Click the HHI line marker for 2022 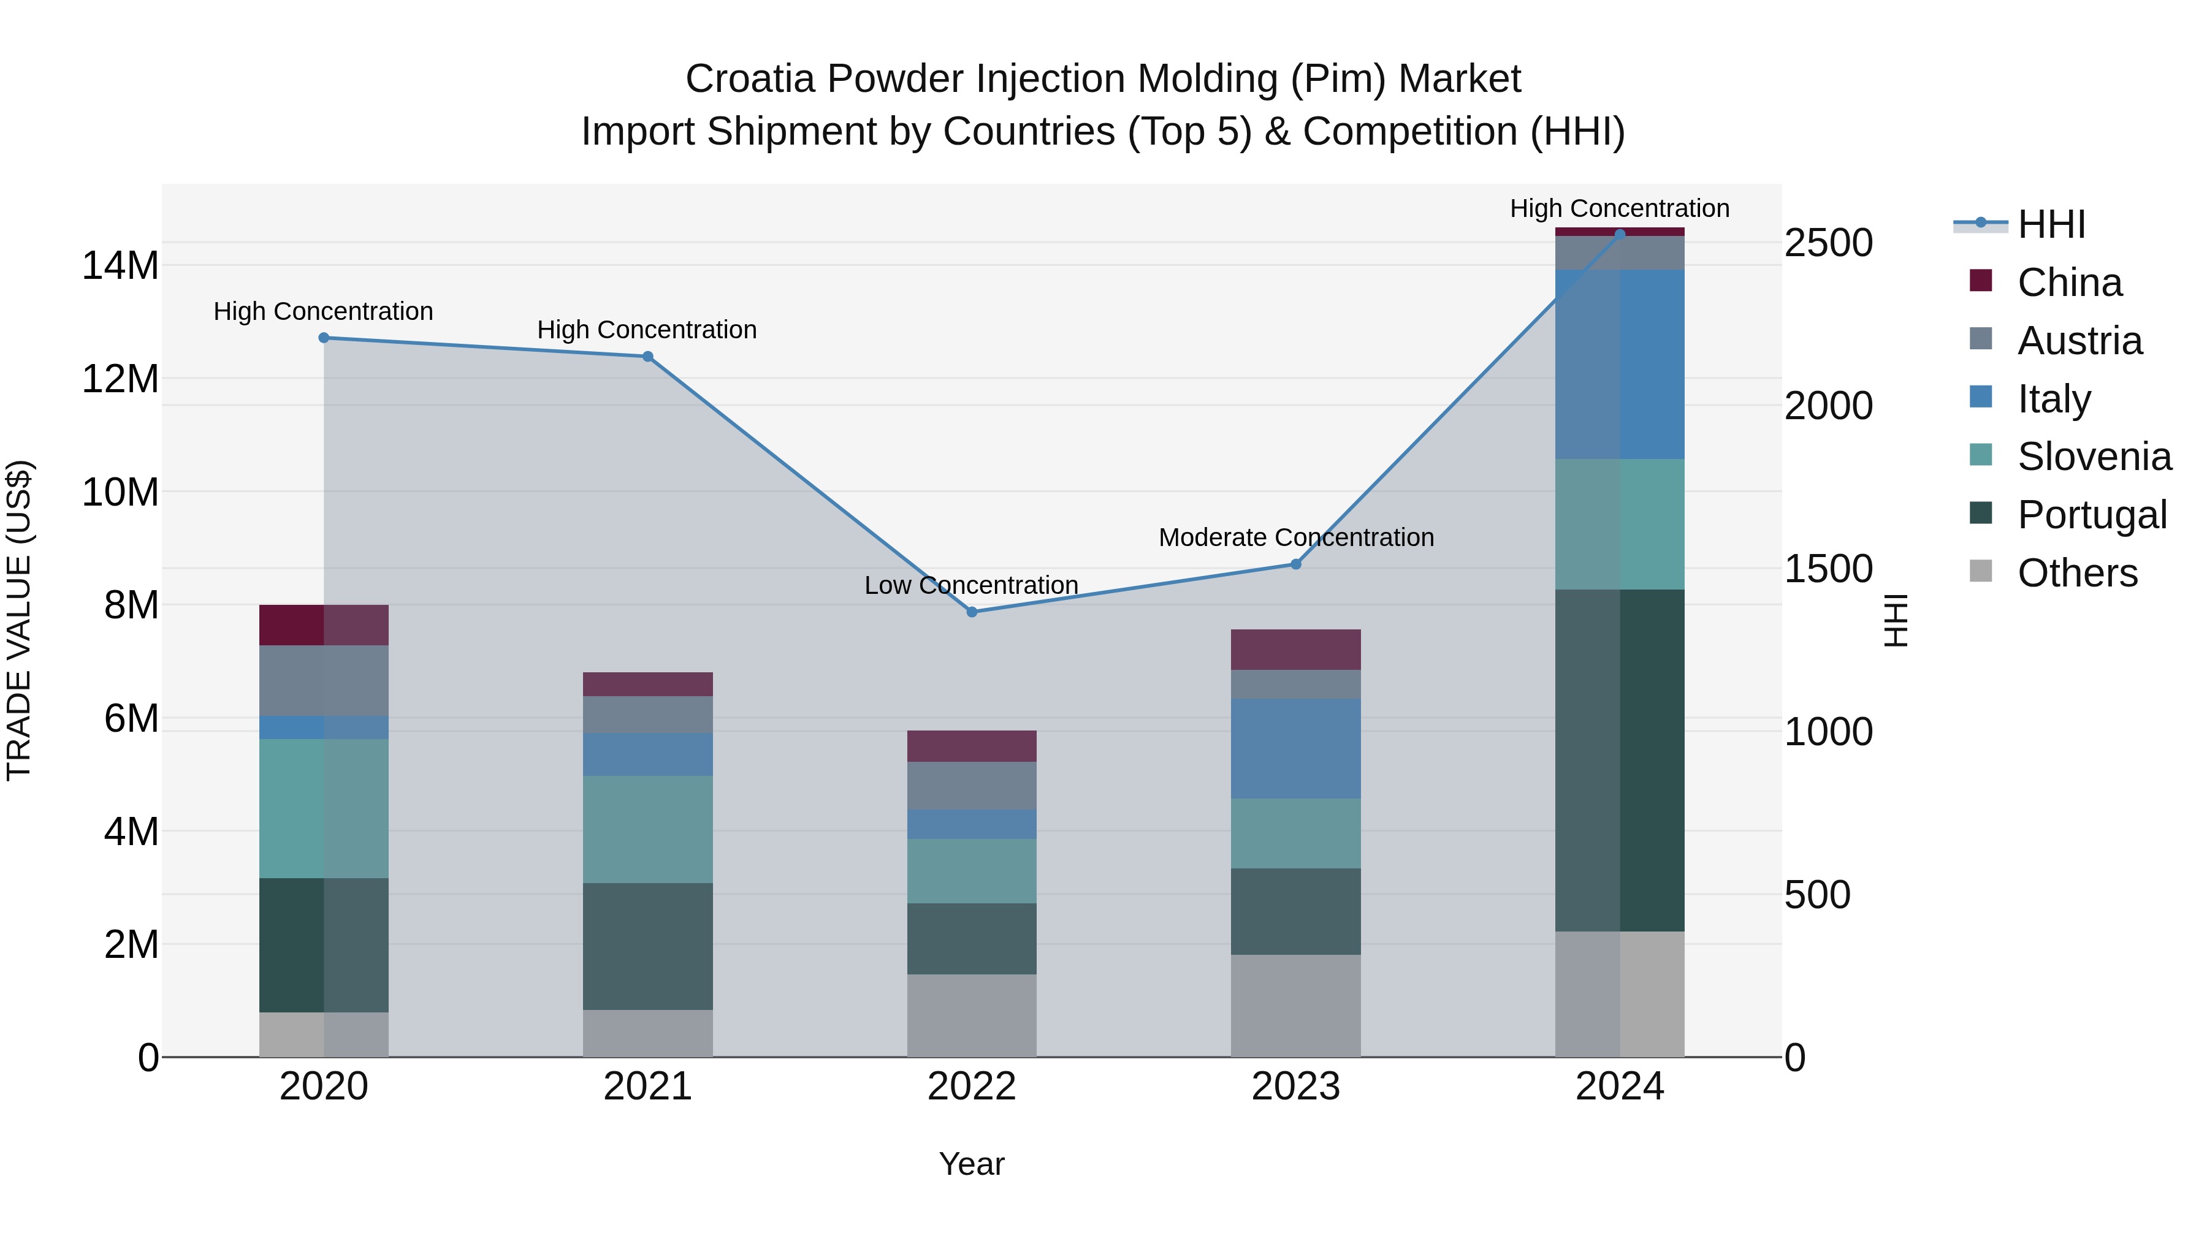point(972,612)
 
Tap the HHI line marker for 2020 point(324,338)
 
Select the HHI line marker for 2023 point(1295,564)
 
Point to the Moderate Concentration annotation point(1295,538)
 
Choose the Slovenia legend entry point(2094,457)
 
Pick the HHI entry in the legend point(2051,224)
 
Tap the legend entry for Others point(2077,573)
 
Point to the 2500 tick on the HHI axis point(1828,243)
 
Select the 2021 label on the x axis point(648,1087)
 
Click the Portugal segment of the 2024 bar point(1619,761)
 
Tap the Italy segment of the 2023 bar point(1295,748)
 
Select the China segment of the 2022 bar point(972,746)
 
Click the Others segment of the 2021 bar point(648,1034)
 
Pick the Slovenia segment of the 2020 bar point(324,808)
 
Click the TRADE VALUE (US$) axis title point(19,620)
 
